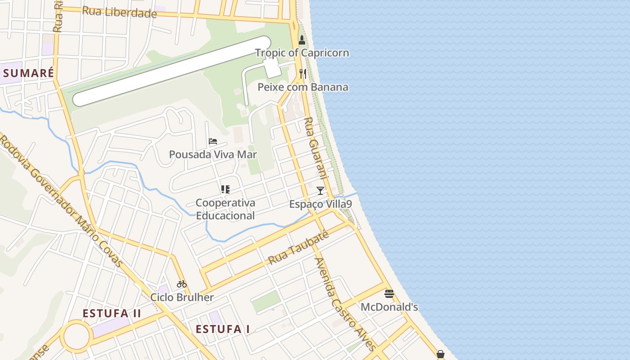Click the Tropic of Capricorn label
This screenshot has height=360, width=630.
point(302,53)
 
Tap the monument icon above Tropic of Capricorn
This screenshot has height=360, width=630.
point(302,40)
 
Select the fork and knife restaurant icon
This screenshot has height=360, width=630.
point(303,74)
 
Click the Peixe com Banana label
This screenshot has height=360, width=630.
point(303,87)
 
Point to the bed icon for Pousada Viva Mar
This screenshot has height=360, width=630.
point(213,141)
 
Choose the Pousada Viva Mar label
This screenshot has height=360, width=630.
point(213,155)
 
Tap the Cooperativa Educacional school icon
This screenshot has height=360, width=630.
point(225,189)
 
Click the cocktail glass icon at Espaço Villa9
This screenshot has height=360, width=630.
point(320,191)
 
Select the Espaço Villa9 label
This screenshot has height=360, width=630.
point(320,204)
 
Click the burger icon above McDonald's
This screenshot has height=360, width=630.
point(389,294)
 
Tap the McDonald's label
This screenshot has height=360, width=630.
point(389,307)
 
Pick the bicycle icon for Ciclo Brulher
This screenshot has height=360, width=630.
point(182,284)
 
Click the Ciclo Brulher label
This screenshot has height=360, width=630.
point(182,297)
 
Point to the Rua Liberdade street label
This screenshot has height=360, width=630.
point(119,12)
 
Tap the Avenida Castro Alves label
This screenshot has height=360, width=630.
point(345,304)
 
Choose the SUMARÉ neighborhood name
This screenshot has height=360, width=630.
point(28,73)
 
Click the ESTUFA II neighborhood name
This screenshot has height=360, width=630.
point(112,314)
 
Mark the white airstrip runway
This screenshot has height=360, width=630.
point(171,72)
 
